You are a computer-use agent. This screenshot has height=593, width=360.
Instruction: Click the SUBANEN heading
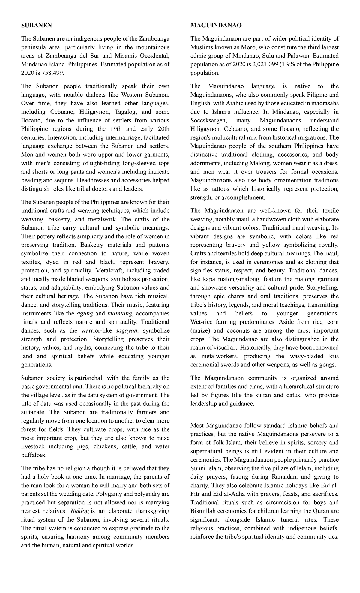point(36,26)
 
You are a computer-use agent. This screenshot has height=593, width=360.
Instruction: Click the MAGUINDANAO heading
point(216,26)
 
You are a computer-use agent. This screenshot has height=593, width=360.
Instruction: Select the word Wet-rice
point(202,322)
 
